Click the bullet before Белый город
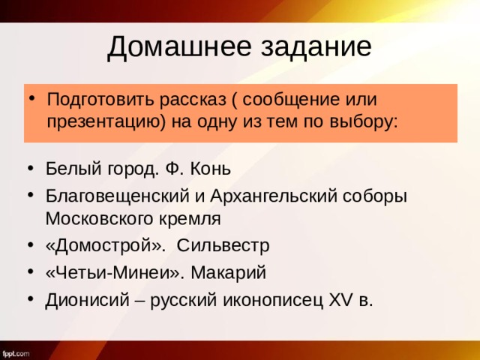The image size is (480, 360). pos(29,168)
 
